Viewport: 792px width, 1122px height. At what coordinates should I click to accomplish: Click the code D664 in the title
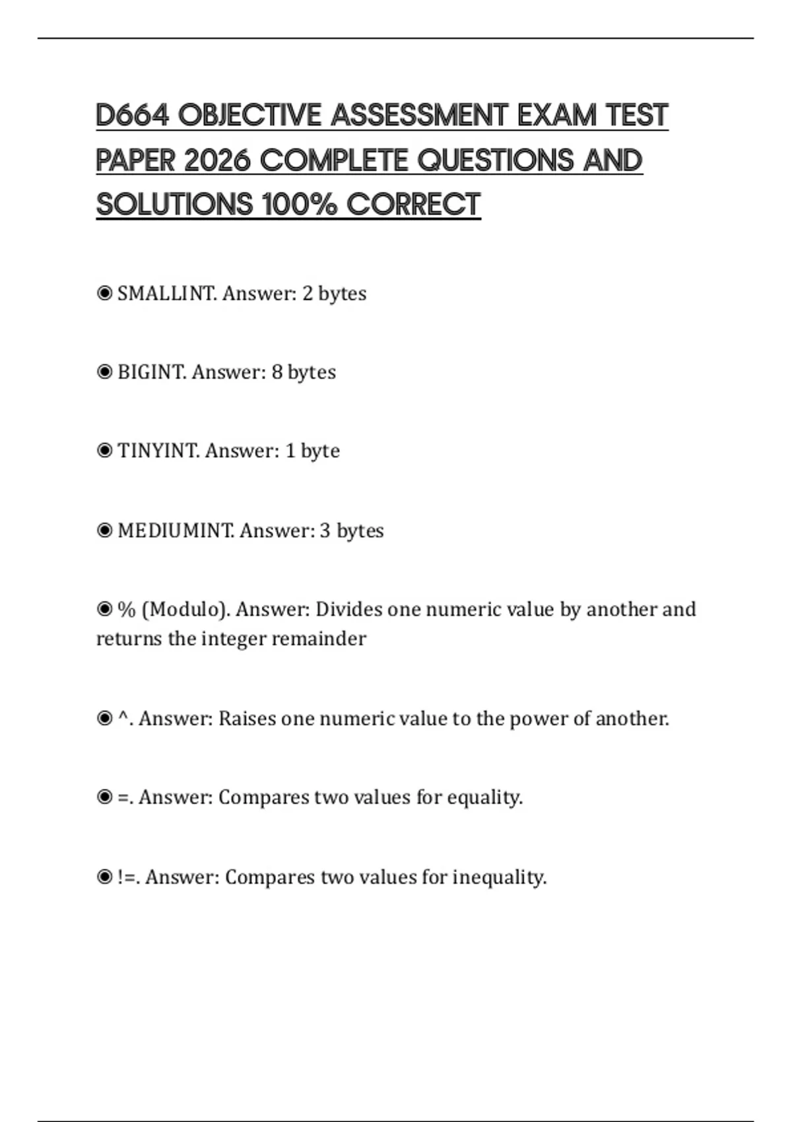tap(132, 115)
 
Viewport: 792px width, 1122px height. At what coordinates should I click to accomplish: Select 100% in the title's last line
tap(300, 205)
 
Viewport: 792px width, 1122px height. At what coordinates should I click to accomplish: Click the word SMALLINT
tap(166, 293)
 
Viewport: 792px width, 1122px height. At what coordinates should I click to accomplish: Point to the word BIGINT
tap(151, 372)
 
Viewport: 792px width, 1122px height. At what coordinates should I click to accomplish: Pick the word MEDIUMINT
tap(176, 531)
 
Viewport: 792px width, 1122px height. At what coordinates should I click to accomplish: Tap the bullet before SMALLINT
tap(104, 293)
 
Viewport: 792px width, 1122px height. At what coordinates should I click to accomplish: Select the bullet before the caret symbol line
tap(104, 718)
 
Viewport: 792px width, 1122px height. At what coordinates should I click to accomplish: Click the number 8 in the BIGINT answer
tap(277, 372)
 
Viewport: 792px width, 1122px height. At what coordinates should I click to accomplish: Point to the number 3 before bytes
tap(325, 531)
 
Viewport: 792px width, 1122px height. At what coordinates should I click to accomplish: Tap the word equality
tap(484, 798)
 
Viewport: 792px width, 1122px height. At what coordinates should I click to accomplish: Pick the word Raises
tap(247, 718)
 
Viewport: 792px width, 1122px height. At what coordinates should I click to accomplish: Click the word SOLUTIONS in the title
tap(174, 205)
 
